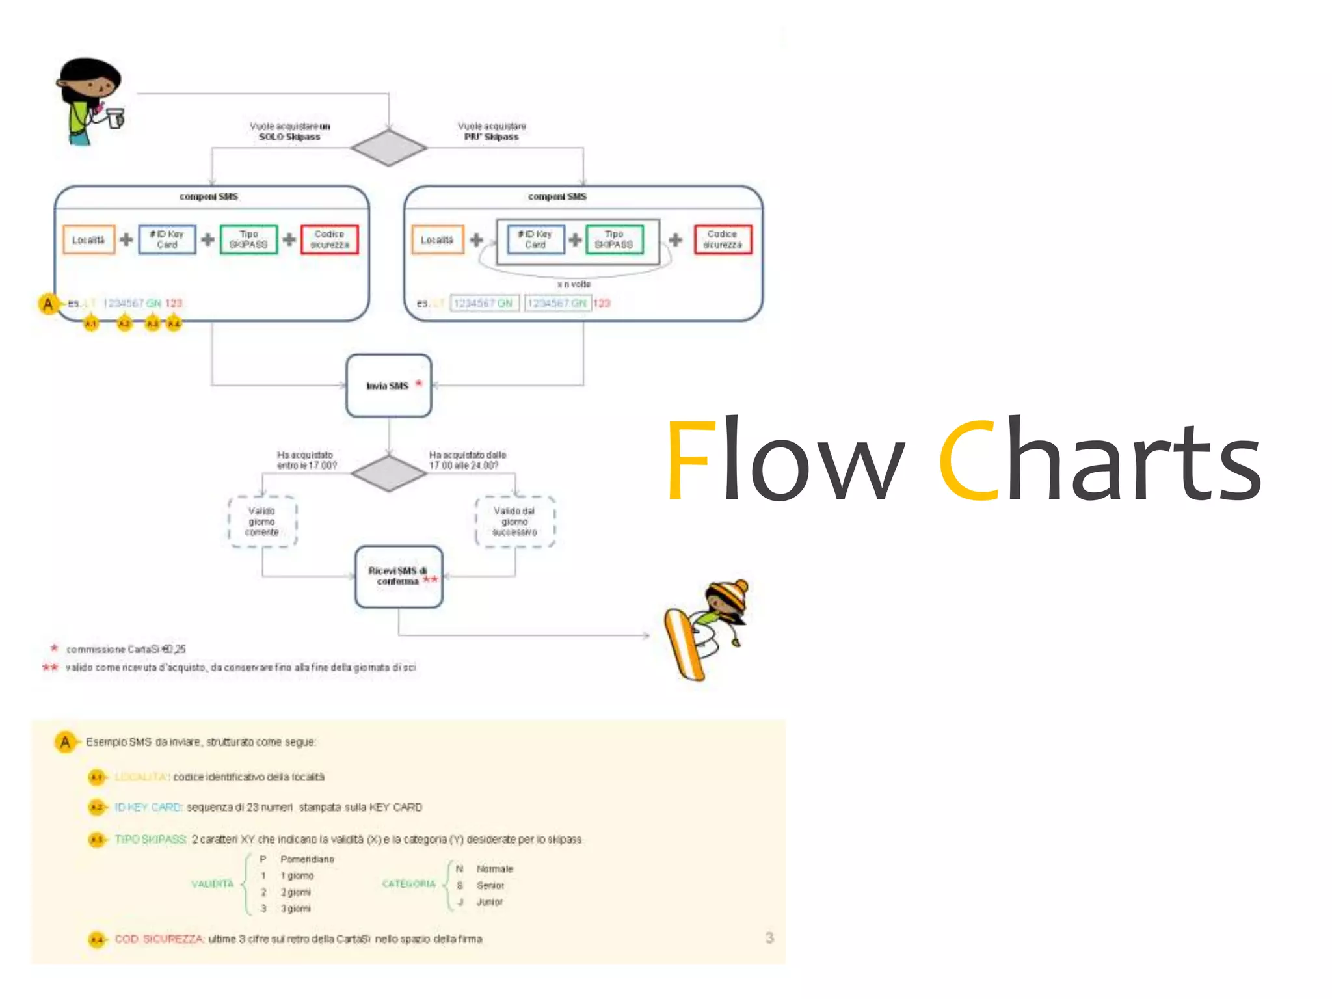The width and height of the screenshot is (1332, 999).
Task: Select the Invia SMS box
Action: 388,386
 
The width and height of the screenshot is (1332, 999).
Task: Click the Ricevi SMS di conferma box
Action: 399,576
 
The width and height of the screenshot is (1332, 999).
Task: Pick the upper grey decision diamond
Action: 388,148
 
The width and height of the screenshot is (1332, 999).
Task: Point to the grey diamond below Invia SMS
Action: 388,473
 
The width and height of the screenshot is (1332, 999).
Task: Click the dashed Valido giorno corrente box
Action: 262,522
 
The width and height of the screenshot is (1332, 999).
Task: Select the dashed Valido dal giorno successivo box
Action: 514,522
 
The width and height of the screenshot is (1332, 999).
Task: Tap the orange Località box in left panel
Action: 88,239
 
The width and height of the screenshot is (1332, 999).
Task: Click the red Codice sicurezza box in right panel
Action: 722,239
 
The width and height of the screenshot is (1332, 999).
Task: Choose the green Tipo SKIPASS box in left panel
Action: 248,239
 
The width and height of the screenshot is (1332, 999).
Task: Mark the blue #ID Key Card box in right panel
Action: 535,239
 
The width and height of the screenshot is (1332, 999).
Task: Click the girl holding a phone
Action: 90,101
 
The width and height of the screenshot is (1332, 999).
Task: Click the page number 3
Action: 769,937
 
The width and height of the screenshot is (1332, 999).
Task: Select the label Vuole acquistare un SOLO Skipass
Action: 289,131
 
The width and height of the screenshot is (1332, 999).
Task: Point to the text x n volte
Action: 574,284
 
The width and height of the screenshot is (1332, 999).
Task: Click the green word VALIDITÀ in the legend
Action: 212,884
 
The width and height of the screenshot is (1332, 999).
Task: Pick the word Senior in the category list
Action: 490,885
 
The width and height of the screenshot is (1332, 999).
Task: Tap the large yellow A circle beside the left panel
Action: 48,304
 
